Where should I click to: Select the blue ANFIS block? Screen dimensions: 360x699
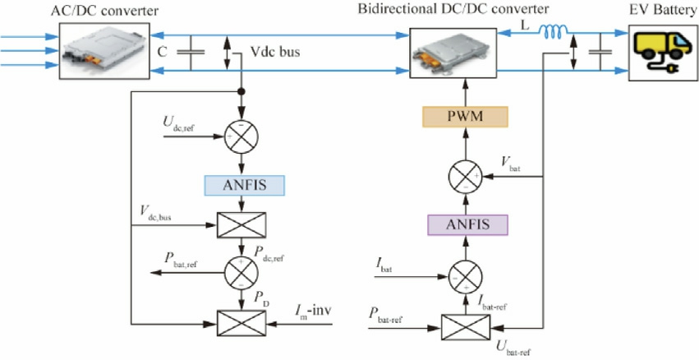point(243,185)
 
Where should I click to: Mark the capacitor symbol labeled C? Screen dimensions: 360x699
point(194,53)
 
